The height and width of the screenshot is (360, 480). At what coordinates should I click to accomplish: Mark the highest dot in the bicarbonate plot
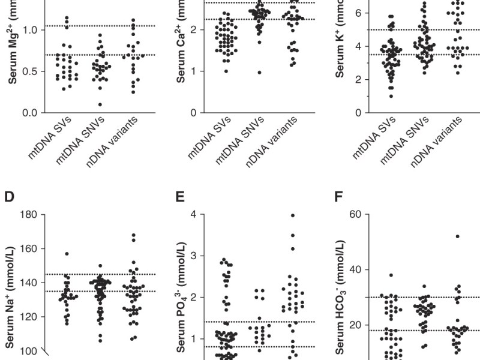pos(457,236)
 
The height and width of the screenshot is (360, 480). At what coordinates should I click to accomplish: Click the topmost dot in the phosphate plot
pos(293,215)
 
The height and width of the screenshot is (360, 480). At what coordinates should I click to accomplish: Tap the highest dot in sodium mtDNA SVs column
pos(67,254)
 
